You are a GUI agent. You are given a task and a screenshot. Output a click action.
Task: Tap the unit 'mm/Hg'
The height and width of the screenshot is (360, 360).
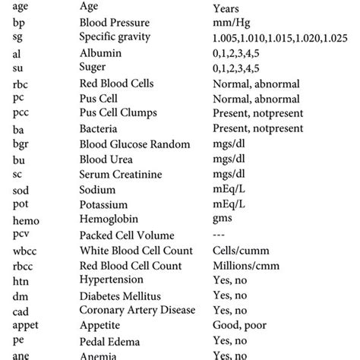pyautogui.click(x=231, y=24)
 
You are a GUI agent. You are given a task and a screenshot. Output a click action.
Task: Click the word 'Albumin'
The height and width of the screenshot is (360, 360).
pyautogui.click(x=100, y=53)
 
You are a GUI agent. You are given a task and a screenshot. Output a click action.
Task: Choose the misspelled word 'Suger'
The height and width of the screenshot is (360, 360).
pyautogui.click(x=96, y=68)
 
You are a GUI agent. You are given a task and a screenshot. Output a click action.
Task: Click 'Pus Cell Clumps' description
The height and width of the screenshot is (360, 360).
pyautogui.click(x=118, y=114)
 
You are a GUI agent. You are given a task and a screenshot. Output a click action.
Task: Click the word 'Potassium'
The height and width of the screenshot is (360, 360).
pyautogui.click(x=104, y=205)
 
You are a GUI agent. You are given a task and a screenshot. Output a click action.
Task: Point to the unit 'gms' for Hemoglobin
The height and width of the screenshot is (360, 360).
pyautogui.click(x=224, y=220)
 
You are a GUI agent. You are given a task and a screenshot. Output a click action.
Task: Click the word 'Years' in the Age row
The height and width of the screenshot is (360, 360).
pyautogui.click(x=228, y=8)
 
